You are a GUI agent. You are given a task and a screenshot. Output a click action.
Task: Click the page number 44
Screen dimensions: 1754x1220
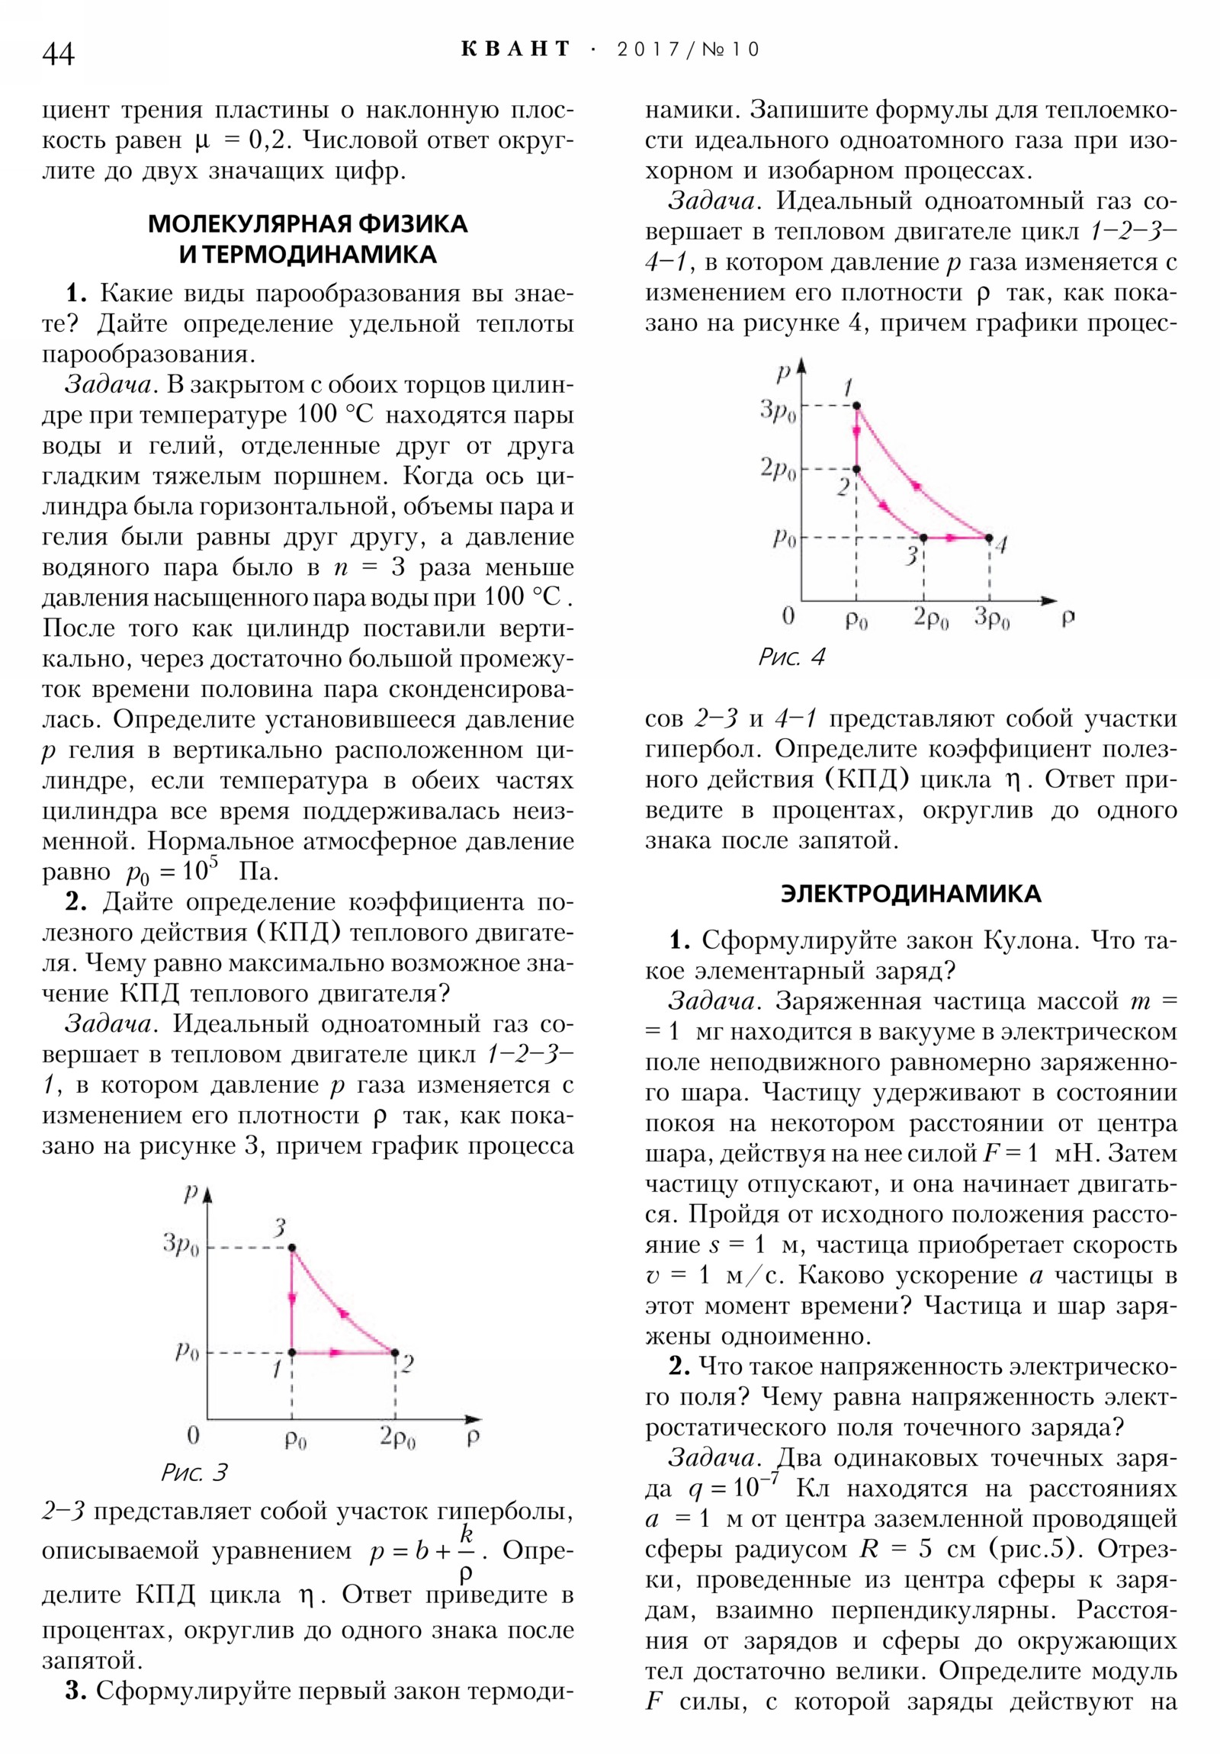[59, 54]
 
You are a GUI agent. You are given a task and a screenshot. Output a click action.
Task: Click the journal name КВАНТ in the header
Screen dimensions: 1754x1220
[515, 50]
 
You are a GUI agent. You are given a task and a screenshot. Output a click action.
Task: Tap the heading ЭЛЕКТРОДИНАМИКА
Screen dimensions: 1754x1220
[910, 894]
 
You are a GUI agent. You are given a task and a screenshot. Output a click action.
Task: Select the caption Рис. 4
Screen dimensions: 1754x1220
[791, 657]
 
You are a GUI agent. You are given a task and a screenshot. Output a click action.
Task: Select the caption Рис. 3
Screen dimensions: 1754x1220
[194, 1472]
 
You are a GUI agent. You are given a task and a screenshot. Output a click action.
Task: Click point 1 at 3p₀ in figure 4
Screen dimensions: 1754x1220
[856, 406]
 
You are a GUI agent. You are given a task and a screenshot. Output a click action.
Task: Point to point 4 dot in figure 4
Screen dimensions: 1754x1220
[989, 538]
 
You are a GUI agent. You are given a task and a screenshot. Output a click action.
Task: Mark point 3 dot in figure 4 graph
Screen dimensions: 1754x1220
[923, 538]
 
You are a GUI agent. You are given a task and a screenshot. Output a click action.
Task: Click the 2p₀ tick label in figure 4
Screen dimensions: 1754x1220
[778, 469]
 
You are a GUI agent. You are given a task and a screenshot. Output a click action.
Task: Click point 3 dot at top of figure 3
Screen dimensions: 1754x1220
[292, 1248]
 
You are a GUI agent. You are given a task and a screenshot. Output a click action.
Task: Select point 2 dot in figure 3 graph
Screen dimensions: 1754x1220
[395, 1352]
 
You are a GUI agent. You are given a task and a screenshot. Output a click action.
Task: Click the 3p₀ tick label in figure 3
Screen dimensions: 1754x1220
[180, 1245]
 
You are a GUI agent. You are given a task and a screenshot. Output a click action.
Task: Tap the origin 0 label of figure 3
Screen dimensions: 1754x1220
[193, 1435]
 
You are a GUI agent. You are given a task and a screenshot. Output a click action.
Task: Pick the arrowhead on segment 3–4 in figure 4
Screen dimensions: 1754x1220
[950, 538]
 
